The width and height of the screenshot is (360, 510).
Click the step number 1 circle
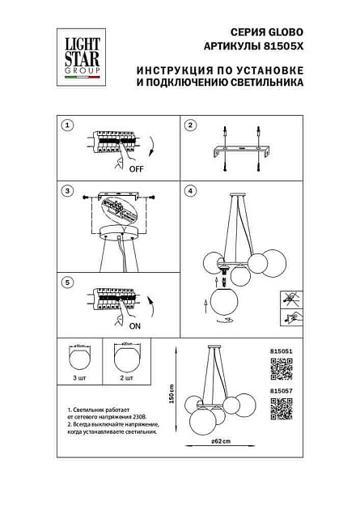[68, 126]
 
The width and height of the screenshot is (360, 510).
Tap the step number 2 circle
[191, 126]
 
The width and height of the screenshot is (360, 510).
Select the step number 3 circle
[68, 192]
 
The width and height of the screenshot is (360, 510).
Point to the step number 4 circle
[191, 192]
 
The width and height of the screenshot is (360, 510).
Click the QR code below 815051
[280, 371]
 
